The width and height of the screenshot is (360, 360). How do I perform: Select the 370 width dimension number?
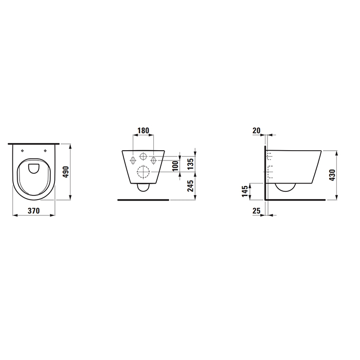[33, 211]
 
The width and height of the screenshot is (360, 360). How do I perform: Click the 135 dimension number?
[191, 164]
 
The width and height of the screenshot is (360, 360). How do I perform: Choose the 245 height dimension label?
[191, 186]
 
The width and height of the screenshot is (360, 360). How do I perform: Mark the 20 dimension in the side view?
[257, 130]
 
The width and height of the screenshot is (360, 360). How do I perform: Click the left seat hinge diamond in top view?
[23, 150]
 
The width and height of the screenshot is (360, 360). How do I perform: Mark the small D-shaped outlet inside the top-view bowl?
[34, 168]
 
